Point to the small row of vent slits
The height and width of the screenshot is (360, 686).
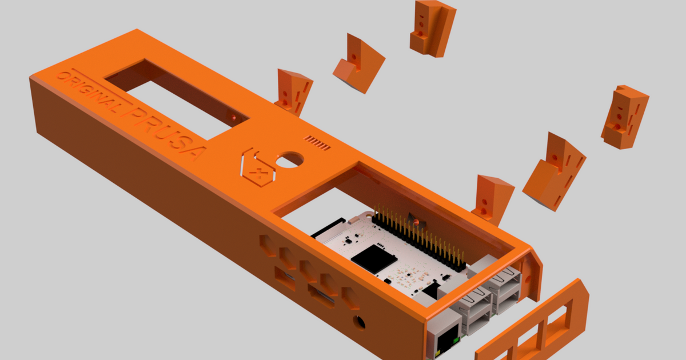click(x=318, y=143)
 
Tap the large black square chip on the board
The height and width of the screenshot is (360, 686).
click(x=374, y=258)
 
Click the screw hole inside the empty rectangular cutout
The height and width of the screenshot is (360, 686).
click(x=233, y=117)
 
